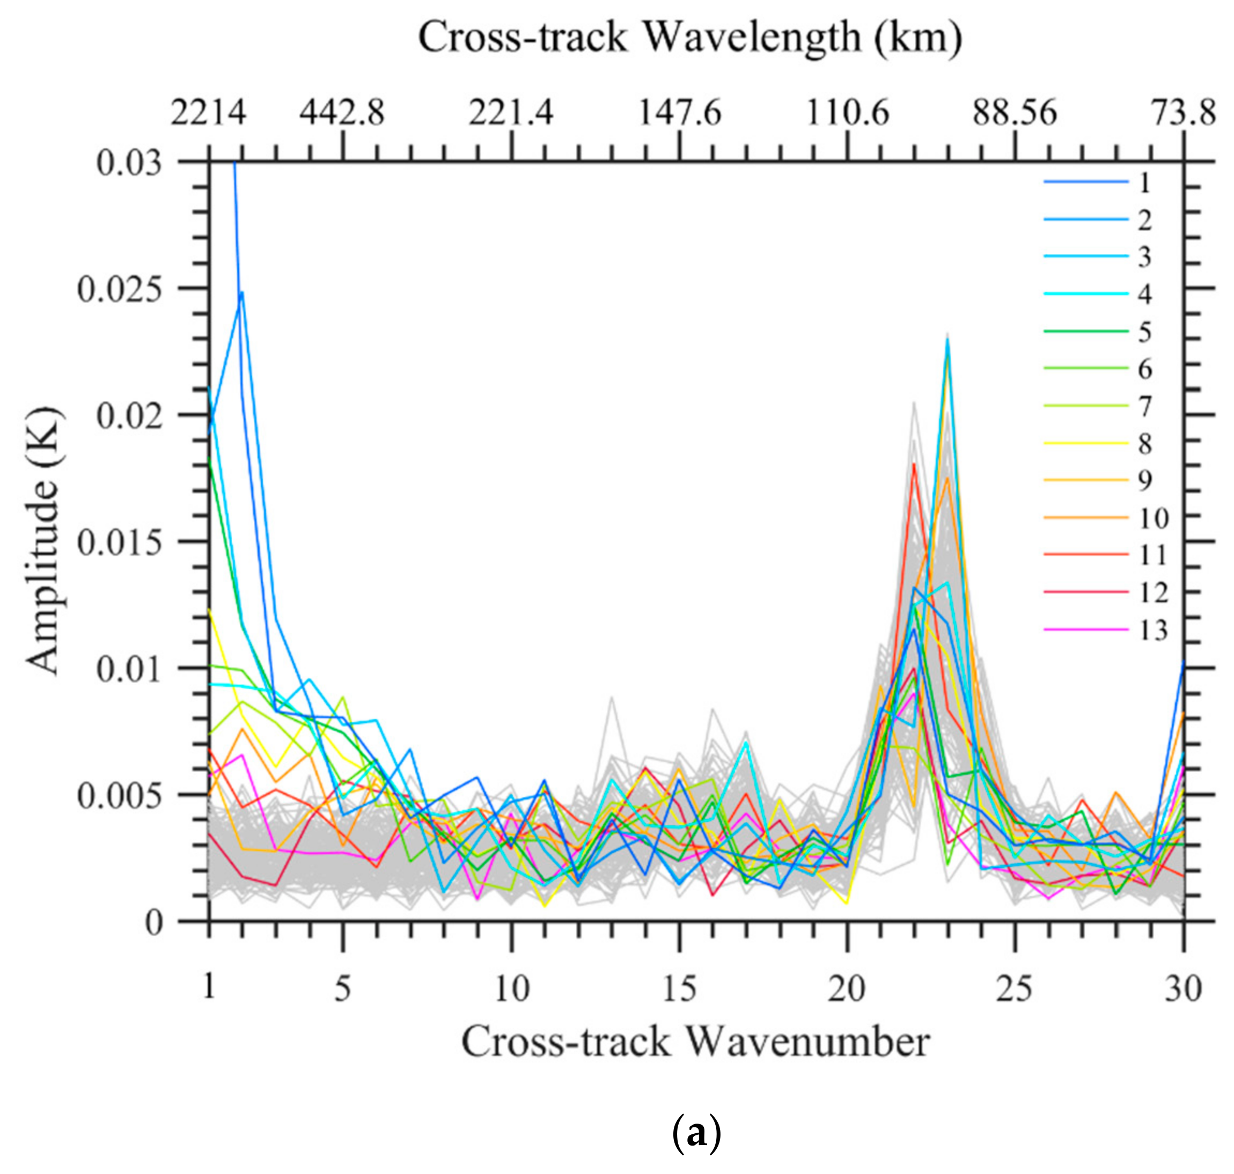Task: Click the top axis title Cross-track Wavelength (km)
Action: click(x=689, y=39)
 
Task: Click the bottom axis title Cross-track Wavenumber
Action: click(x=695, y=1042)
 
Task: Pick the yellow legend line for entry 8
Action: click(x=1086, y=444)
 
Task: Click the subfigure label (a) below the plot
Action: click(x=695, y=1133)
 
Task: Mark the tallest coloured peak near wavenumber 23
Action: click(x=947, y=341)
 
